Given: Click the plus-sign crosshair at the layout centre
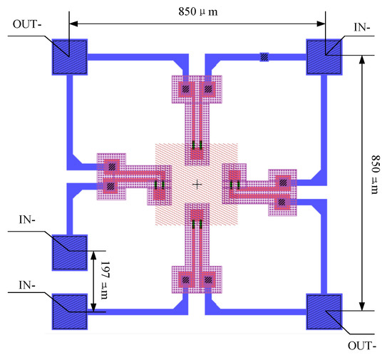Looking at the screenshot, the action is [x=197, y=185].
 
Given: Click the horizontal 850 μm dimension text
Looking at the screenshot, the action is [x=198, y=11].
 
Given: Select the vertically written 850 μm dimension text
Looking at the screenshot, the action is [x=375, y=175].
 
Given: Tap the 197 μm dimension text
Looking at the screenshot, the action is [x=105, y=280].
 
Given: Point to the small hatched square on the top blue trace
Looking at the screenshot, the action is [x=264, y=57].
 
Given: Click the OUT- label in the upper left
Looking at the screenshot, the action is [x=27, y=24].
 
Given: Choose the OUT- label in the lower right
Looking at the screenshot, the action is [x=362, y=346].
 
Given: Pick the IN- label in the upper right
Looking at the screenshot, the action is [x=362, y=27].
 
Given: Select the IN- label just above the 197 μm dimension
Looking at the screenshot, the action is [x=27, y=220].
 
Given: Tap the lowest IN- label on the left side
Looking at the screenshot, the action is [x=27, y=285].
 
